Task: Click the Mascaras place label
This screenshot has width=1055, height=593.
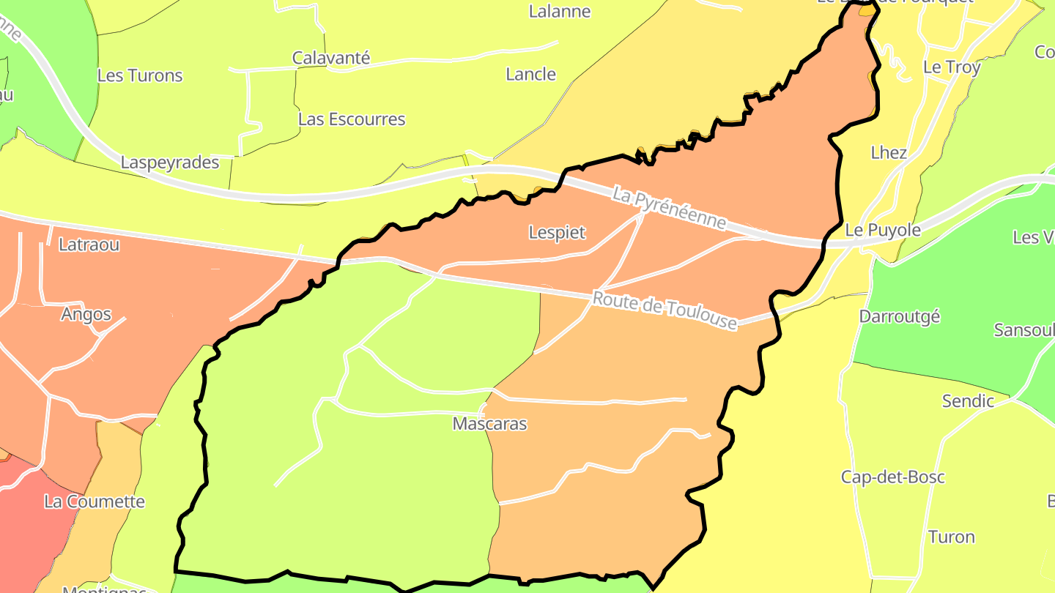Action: [489, 424]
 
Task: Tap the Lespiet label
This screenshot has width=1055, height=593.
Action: [557, 233]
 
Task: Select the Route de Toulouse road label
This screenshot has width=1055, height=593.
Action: [665, 310]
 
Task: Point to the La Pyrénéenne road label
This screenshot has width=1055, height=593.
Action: [669, 209]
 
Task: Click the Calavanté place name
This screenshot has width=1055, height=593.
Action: [331, 58]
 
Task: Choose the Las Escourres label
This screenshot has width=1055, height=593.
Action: [352, 119]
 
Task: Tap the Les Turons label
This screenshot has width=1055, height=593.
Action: [140, 75]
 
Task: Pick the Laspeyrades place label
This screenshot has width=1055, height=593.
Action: [170, 163]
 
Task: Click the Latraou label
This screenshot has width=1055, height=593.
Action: [89, 245]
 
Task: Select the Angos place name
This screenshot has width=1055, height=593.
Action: [86, 314]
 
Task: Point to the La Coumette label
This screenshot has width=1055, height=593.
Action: [95, 502]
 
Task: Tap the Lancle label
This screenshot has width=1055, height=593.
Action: [531, 75]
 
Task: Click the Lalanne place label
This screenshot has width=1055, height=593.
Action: [560, 12]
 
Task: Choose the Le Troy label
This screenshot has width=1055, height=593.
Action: [952, 67]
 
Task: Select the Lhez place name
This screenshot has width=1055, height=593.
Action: [889, 153]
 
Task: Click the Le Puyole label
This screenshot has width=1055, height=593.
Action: [883, 230]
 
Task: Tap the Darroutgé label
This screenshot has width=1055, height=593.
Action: [900, 317]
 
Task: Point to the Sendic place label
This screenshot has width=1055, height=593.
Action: [968, 401]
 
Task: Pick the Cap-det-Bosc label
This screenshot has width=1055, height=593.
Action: [893, 477]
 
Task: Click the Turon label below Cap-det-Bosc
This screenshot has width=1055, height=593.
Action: [952, 537]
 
